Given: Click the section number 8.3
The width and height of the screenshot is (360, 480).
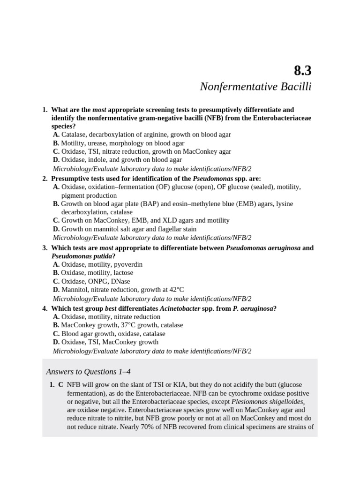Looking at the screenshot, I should (x=302, y=70).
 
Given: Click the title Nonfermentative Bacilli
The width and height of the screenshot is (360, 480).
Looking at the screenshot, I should (x=255, y=87).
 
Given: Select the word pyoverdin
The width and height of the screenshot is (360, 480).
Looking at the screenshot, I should (x=127, y=264).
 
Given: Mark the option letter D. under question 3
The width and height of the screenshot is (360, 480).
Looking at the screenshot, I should (x=56, y=290).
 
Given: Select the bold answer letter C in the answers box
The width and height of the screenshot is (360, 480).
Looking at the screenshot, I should (x=60, y=385).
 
